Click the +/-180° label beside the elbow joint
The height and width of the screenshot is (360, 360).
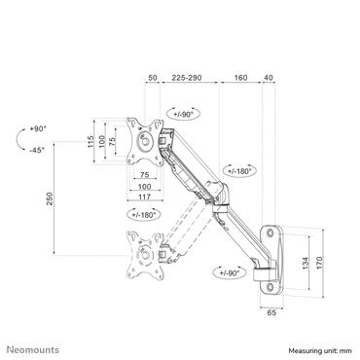(x=238, y=169)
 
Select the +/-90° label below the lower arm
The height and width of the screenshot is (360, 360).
(x=230, y=273)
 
